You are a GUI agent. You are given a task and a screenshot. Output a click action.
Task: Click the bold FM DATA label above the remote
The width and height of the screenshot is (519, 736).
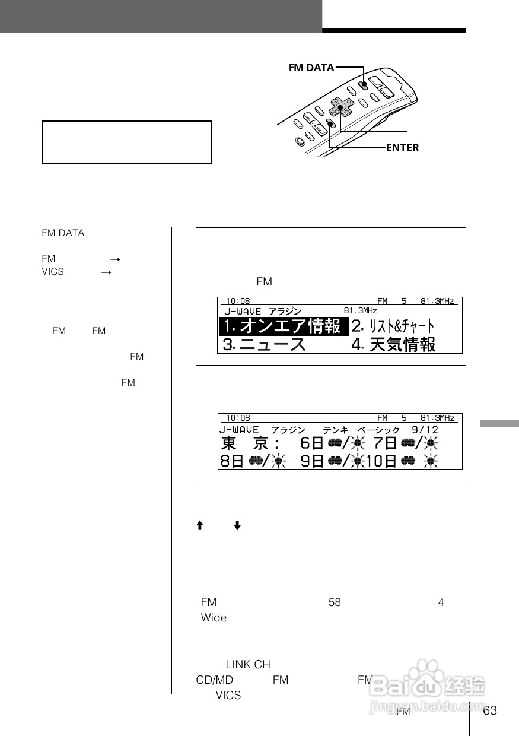click(x=311, y=68)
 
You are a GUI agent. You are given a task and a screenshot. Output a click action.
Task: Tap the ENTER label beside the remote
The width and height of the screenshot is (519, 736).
click(x=402, y=148)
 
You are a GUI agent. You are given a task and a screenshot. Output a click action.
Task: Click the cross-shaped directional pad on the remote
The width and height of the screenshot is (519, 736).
click(x=340, y=107)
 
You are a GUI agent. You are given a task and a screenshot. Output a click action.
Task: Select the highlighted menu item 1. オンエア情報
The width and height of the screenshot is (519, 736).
click(x=284, y=326)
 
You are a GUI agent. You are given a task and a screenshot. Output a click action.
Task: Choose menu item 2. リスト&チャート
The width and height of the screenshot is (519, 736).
click(x=393, y=326)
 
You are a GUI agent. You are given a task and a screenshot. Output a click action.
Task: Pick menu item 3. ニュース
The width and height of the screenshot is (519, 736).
click(x=265, y=344)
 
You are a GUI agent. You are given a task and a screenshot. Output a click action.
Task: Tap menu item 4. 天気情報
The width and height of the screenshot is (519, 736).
click(x=393, y=344)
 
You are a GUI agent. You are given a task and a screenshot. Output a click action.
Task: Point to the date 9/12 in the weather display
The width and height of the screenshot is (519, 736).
click(x=425, y=429)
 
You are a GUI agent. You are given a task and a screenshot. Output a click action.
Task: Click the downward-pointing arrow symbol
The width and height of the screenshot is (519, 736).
click(x=237, y=526)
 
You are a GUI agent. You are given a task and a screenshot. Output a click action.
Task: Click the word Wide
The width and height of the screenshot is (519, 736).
click(x=214, y=618)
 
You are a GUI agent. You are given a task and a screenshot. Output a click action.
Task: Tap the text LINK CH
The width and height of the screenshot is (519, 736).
click(x=248, y=665)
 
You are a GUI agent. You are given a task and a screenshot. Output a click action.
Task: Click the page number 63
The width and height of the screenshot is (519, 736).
click(x=490, y=711)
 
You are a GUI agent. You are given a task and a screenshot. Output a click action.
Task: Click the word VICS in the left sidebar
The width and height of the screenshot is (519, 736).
click(x=53, y=272)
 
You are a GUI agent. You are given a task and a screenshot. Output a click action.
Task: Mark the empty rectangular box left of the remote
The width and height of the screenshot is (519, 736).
click(x=127, y=142)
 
